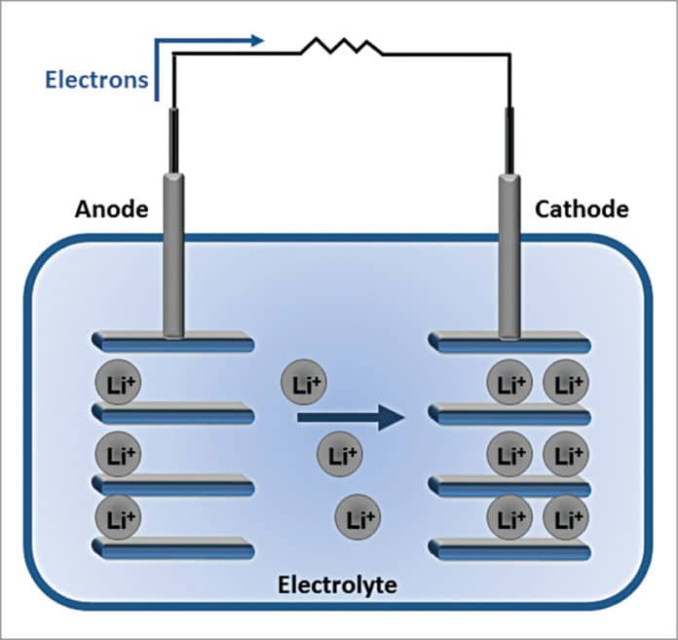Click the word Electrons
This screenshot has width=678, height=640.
[95, 79]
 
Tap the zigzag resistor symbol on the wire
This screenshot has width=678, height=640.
[342, 47]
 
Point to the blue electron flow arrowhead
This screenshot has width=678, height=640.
[257, 41]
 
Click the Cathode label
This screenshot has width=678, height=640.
[581, 208]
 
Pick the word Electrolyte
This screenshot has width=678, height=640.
[337, 585]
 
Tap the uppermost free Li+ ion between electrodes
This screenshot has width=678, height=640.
[304, 384]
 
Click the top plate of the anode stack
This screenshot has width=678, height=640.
[172, 342]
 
